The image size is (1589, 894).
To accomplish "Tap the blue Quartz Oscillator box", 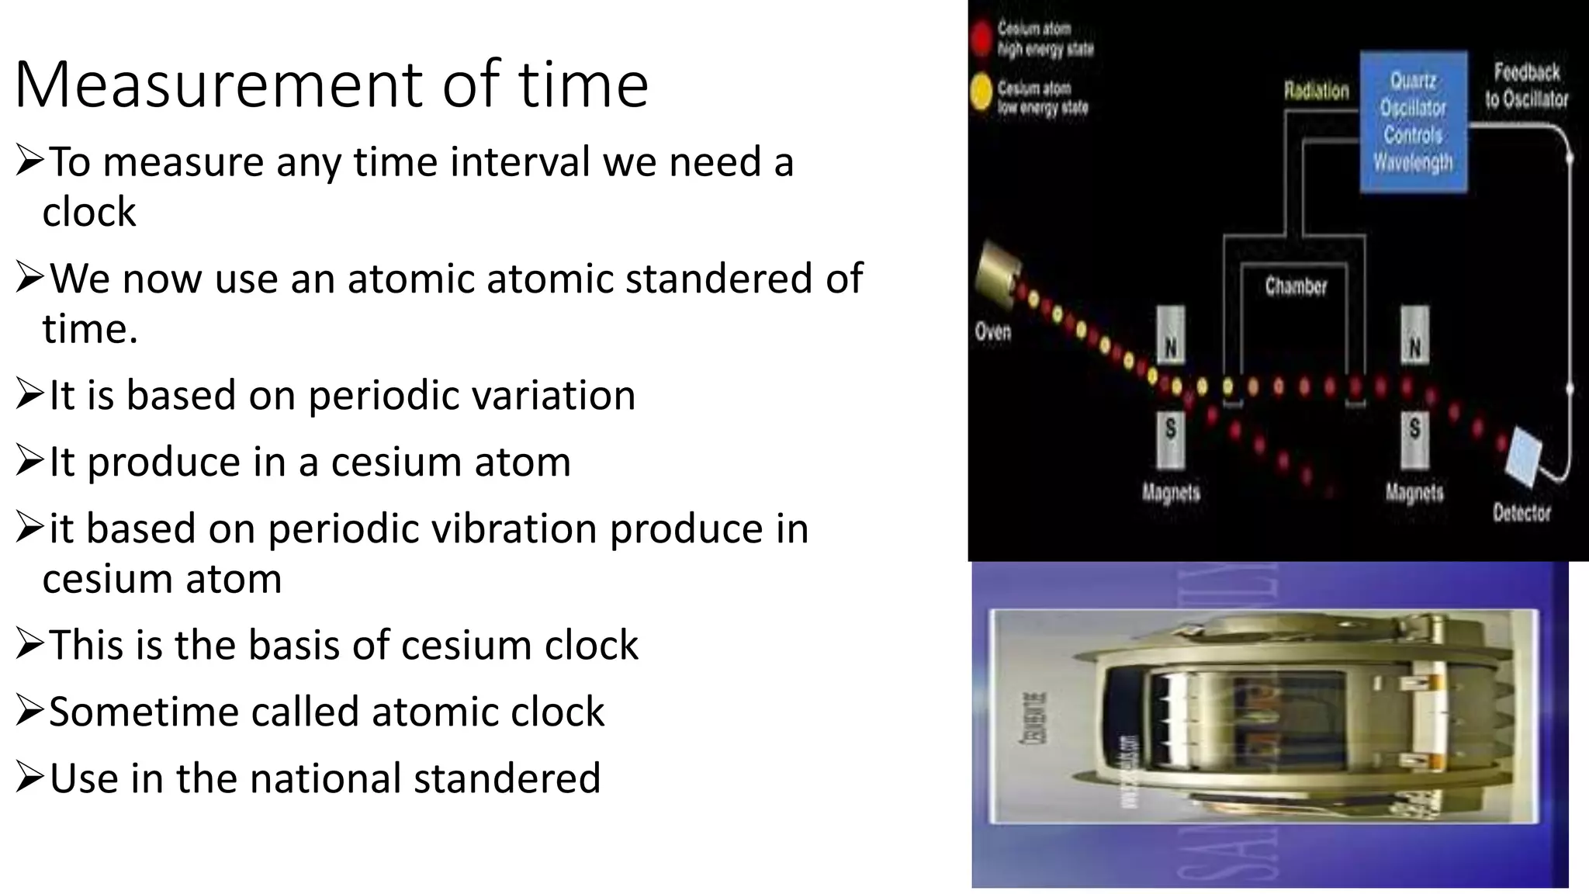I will pyautogui.click(x=1413, y=121).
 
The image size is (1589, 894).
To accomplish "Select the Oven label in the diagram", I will pyautogui.click(x=992, y=332).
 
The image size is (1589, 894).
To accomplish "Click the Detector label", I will pyautogui.click(x=1521, y=513).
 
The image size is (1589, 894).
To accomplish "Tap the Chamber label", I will pyautogui.click(x=1295, y=286).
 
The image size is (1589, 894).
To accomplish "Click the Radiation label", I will pyautogui.click(x=1316, y=91).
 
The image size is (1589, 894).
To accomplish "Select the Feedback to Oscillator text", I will pyautogui.click(x=1526, y=85).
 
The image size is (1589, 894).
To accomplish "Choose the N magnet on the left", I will pyautogui.click(x=1171, y=335).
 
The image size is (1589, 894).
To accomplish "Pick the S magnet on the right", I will pyautogui.click(x=1414, y=438).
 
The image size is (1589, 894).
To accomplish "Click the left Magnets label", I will pyautogui.click(x=1170, y=492).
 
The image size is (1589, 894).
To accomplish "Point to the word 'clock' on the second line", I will pyautogui.click(x=89, y=212).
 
